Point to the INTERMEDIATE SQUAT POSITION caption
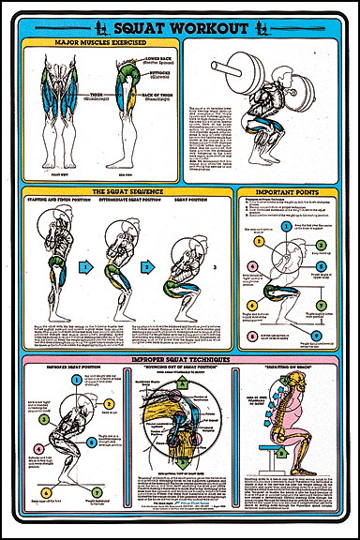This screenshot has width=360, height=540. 119,199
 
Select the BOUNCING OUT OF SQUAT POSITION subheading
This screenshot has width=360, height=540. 177,367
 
